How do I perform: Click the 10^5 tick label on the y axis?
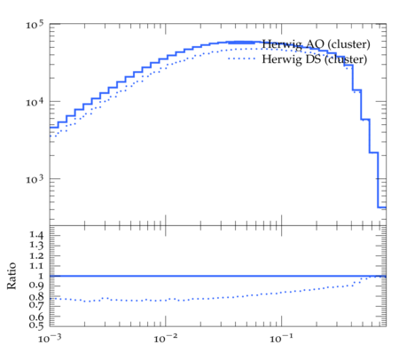pos(35,24)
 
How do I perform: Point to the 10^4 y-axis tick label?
pos(35,102)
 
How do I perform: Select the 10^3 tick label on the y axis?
pos(35,179)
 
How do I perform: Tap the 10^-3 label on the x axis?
pos(50,338)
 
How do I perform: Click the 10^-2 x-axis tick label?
pos(166,338)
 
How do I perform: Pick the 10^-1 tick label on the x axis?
pos(282,338)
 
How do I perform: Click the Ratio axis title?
pos(12,276)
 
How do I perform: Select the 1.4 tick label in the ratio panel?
pos(36,235)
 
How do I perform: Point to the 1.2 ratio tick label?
pos(36,255)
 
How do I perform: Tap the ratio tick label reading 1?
pos(41,276)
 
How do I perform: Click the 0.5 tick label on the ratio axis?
pos(36,325)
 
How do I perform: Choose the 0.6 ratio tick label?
pos(36,317)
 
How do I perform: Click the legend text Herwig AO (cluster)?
pos(316,44)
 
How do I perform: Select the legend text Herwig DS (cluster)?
pos(315,59)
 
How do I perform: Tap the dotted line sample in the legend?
pos(241,59)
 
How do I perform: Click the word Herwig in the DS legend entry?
pos(282,59)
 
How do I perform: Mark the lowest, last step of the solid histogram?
pos(382,207)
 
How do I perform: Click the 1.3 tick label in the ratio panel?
pos(36,245)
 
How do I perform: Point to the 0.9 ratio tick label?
pos(36,286)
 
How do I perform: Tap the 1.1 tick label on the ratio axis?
pos(36,266)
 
